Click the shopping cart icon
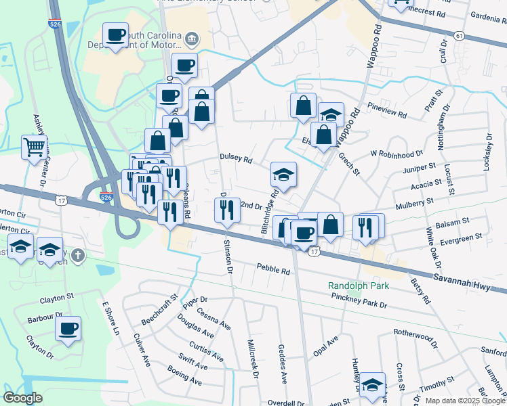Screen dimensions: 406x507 coord(34,146)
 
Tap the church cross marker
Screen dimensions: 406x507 coord(78,255)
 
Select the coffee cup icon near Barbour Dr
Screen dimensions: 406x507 coord(68,330)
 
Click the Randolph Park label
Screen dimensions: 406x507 coord(359,286)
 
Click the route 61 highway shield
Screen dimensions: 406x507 coord(460,36)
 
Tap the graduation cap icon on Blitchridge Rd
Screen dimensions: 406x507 coord(284,175)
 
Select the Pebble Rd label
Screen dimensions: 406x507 coord(273,269)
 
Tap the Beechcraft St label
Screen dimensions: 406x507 coord(159,308)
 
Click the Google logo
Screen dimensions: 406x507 coord(22,398)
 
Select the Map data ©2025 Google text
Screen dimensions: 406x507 coord(465,401)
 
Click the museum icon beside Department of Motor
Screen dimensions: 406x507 coord(192,38)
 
